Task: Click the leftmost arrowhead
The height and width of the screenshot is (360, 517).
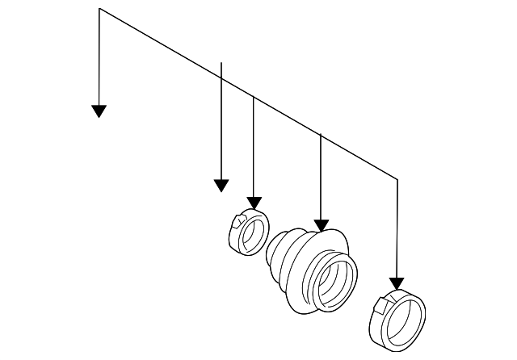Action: [99, 111]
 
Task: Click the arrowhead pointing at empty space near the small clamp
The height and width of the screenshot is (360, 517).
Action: [221, 186]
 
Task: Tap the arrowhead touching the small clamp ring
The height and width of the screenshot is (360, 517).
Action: [254, 202]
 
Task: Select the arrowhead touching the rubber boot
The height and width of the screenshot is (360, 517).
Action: [322, 225]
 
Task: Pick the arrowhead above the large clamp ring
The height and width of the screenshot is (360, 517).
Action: [397, 283]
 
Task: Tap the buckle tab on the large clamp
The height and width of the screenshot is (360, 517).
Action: [383, 303]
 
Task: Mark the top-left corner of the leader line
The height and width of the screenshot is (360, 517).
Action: [99, 9]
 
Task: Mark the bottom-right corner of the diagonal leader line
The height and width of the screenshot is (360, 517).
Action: [397, 178]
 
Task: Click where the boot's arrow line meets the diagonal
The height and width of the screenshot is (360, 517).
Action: [322, 135]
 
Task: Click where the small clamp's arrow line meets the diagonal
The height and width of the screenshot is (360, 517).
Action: [254, 97]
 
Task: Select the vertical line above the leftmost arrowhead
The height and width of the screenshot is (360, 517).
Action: [99, 57]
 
